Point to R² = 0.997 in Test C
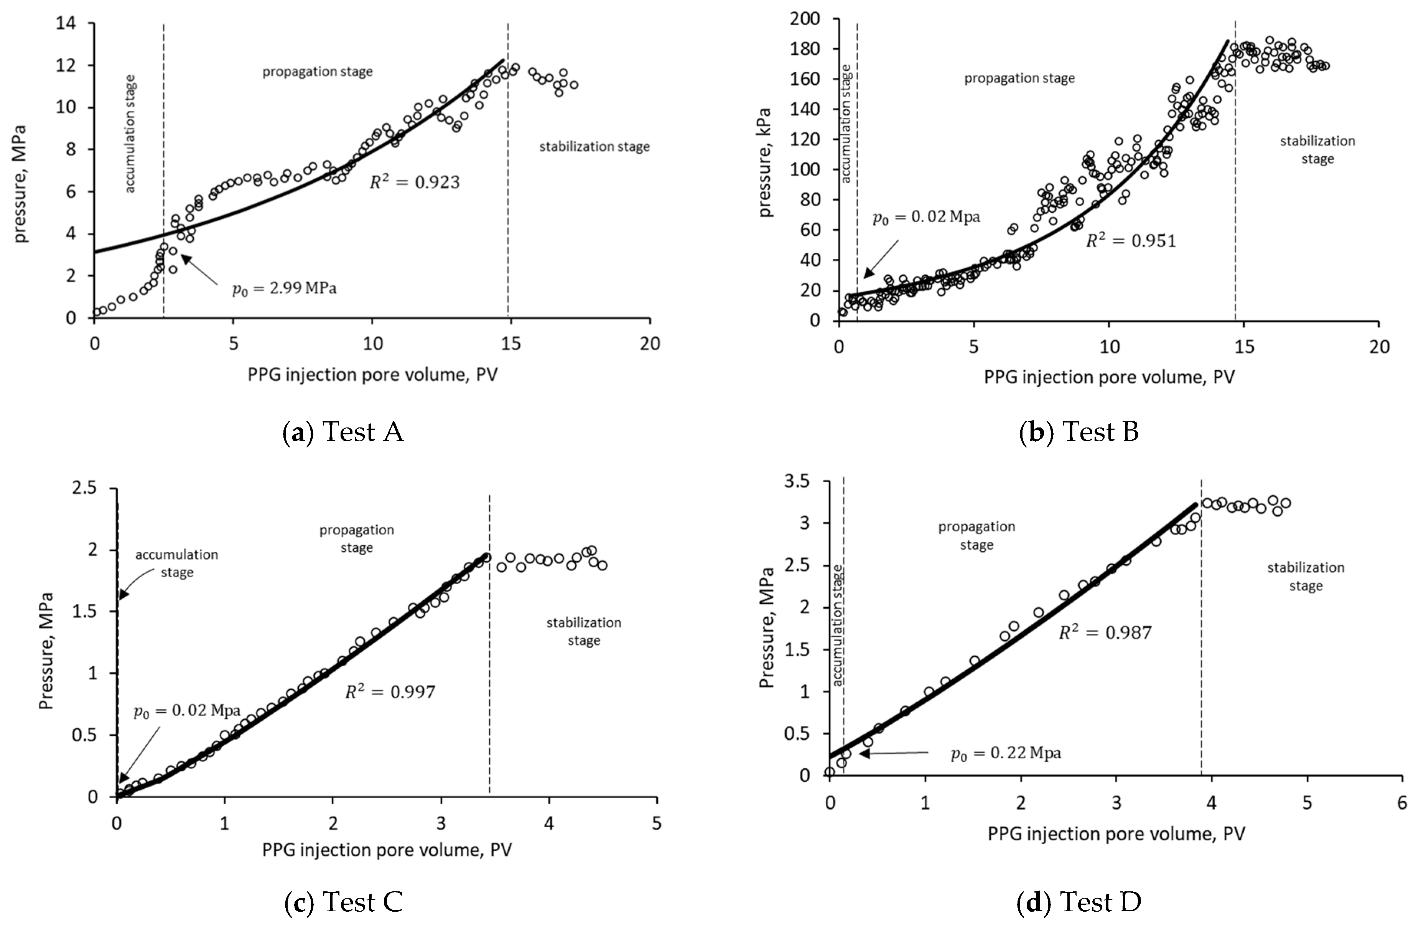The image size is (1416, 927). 390,692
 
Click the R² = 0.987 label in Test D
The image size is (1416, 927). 1105,632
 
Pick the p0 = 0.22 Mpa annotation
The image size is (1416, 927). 1006,753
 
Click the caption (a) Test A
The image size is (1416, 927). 343,432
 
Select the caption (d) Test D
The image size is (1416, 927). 1078,902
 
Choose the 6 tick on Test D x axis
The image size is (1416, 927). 1402,803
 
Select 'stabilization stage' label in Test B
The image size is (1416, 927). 1317,150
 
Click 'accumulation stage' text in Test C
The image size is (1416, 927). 177,563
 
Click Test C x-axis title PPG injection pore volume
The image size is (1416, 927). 387,850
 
